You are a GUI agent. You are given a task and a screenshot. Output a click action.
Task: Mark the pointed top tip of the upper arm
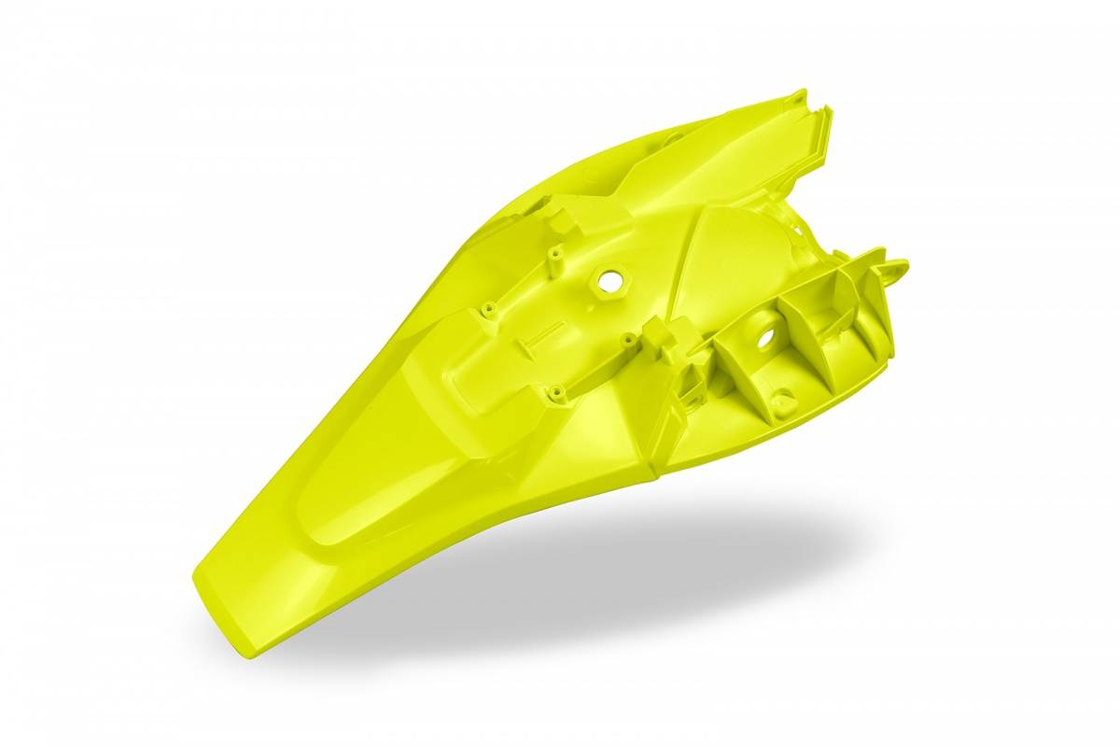(x=800, y=93)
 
